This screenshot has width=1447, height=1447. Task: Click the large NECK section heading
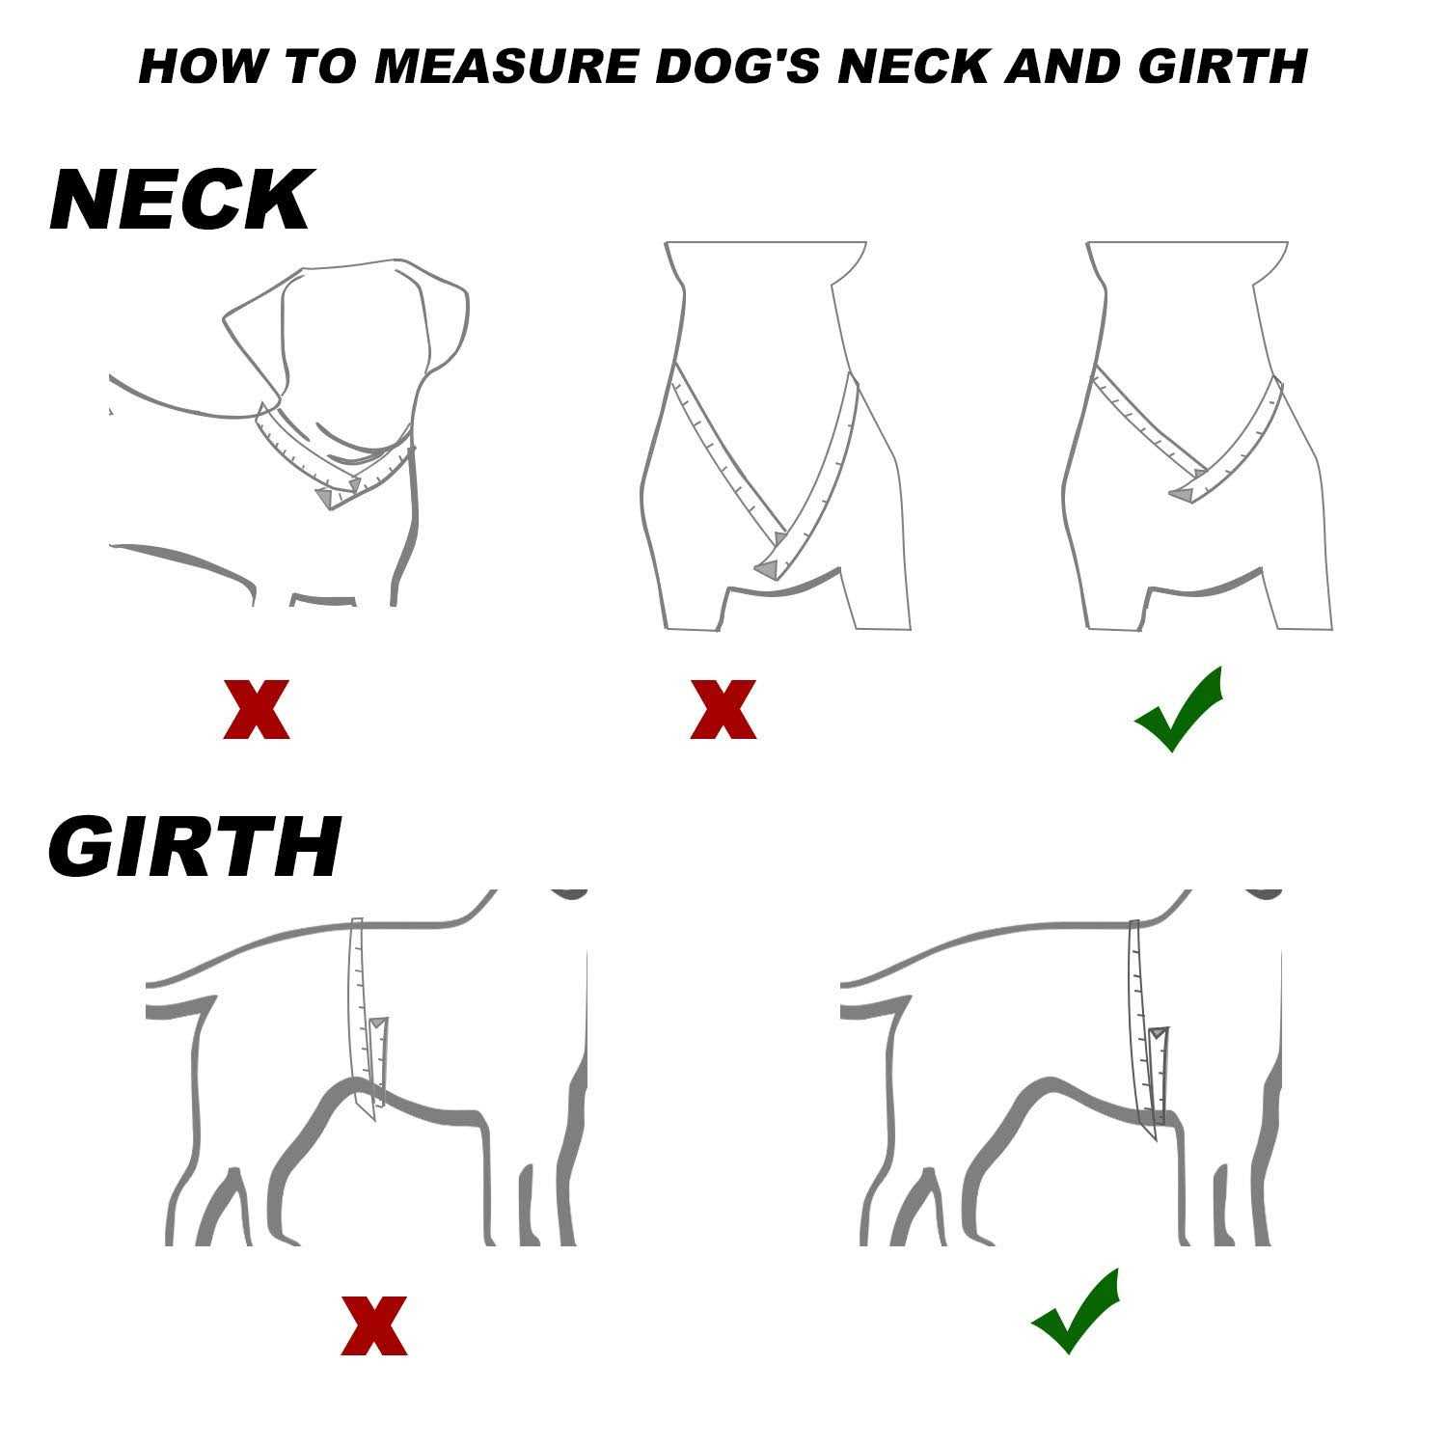click(180, 200)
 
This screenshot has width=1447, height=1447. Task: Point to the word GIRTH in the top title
click(1222, 67)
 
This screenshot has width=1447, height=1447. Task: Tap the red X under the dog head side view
click(257, 710)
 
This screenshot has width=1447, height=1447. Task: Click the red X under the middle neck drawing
click(723, 710)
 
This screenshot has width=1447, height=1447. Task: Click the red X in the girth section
click(374, 1325)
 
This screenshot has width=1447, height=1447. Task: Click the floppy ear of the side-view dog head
click(253, 342)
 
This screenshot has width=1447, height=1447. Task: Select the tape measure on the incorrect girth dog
click(365, 1018)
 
